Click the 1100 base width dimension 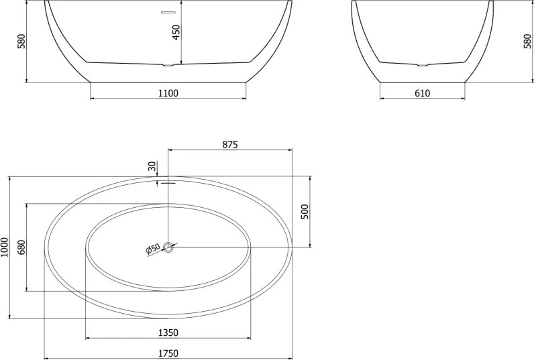pyautogui.click(x=168, y=93)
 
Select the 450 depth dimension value pyautogui.click(x=176, y=33)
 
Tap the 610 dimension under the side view pyautogui.click(x=422, y=93)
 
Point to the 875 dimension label pyautogui.click(x=230, y=144)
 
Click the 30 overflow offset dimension pyautogui.click(x=152, y=166)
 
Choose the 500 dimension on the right pyautogui.click(x=304, y=212)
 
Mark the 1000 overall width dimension pyautogui.click(x=5, y=249)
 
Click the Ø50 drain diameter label pyautogui.click(x=153, y=249)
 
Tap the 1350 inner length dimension pyautogui.click(x=168, y=332)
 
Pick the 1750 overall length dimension pyautogui.click(x=168, y=352)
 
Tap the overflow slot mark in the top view pyautogui.click(x=168, y=182)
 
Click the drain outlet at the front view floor pyautogui.click(x=168, y=65)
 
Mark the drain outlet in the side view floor pyautogui.click(x=422, y=65)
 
